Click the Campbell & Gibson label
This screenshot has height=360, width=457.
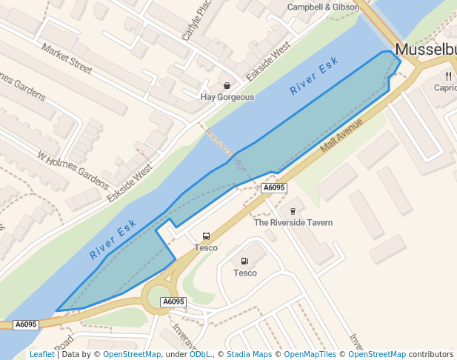pos(323,7)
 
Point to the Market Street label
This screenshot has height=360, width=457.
pos(67,59)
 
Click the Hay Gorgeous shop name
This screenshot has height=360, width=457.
pos(227,97)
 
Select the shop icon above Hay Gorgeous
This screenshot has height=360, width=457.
pos(227,85)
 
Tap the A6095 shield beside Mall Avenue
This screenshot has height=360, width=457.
pos(273,188)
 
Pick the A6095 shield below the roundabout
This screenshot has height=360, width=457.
pos(173,301)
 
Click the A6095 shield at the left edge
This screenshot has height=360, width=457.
pos(25,324)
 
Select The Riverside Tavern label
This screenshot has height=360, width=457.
pos(293,222)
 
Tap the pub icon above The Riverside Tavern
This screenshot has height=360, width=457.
pos(293,210)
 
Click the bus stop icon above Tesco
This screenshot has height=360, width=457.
pos(206,236)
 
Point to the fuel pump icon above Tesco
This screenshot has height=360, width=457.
pos(244,261)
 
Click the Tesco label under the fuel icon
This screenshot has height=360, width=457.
pos(245,273)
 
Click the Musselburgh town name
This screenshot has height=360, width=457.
pos(426,49)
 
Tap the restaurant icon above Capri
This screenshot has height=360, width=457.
pos(449,76)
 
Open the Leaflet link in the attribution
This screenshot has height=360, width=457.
pos(42,354)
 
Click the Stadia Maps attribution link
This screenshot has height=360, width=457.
pos(249,354)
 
